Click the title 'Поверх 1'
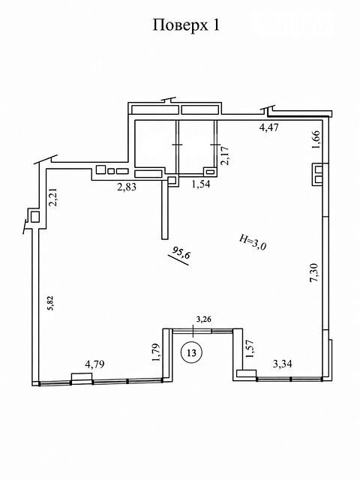click(x=186, y=25)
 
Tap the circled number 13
click(x=192, y=352)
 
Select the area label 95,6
click(x=180, y=253)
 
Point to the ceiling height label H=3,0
click(x=253, y=242)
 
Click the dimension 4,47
click(x=269, y=127)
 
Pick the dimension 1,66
click(x=316, y=140)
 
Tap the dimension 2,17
click(x=225, y=156)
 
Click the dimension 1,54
click(x=200, y=184)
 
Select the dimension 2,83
click(x=127, y=187)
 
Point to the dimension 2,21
click(x=54, y=198)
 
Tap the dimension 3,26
click(x=203, y=319)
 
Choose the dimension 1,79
click(x=156, y=353)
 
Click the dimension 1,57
click(x=250, y=349)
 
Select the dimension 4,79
click(x=94, y=364)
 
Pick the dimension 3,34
click(x=282, y=364)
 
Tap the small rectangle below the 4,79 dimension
click(x=82, y=377)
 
